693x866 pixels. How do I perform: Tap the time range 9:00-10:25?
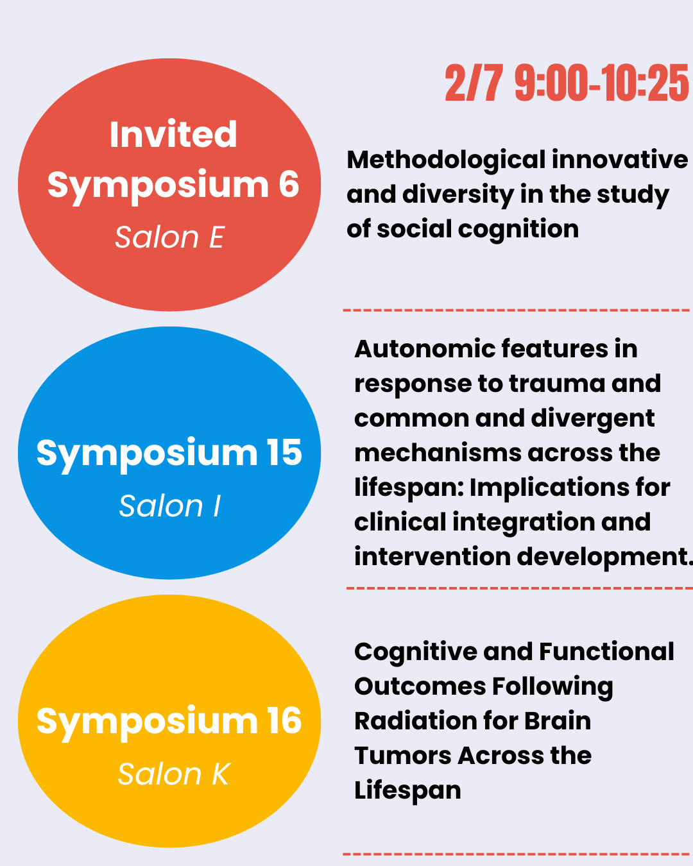(x=602, y=83)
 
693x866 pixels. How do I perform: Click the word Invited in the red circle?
(x=173, y=135)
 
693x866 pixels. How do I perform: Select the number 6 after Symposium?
(x=289, y=184)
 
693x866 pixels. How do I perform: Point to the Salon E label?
(x=169, y=237)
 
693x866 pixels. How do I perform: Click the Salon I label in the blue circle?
(x=169, y=506)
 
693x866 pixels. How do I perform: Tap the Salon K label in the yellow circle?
(x=173, y=774)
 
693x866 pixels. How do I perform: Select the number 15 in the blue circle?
(x=284, y=453)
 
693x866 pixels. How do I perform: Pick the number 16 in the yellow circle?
(x=284, y=721)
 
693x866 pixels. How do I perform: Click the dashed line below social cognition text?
(x=517, y=310)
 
